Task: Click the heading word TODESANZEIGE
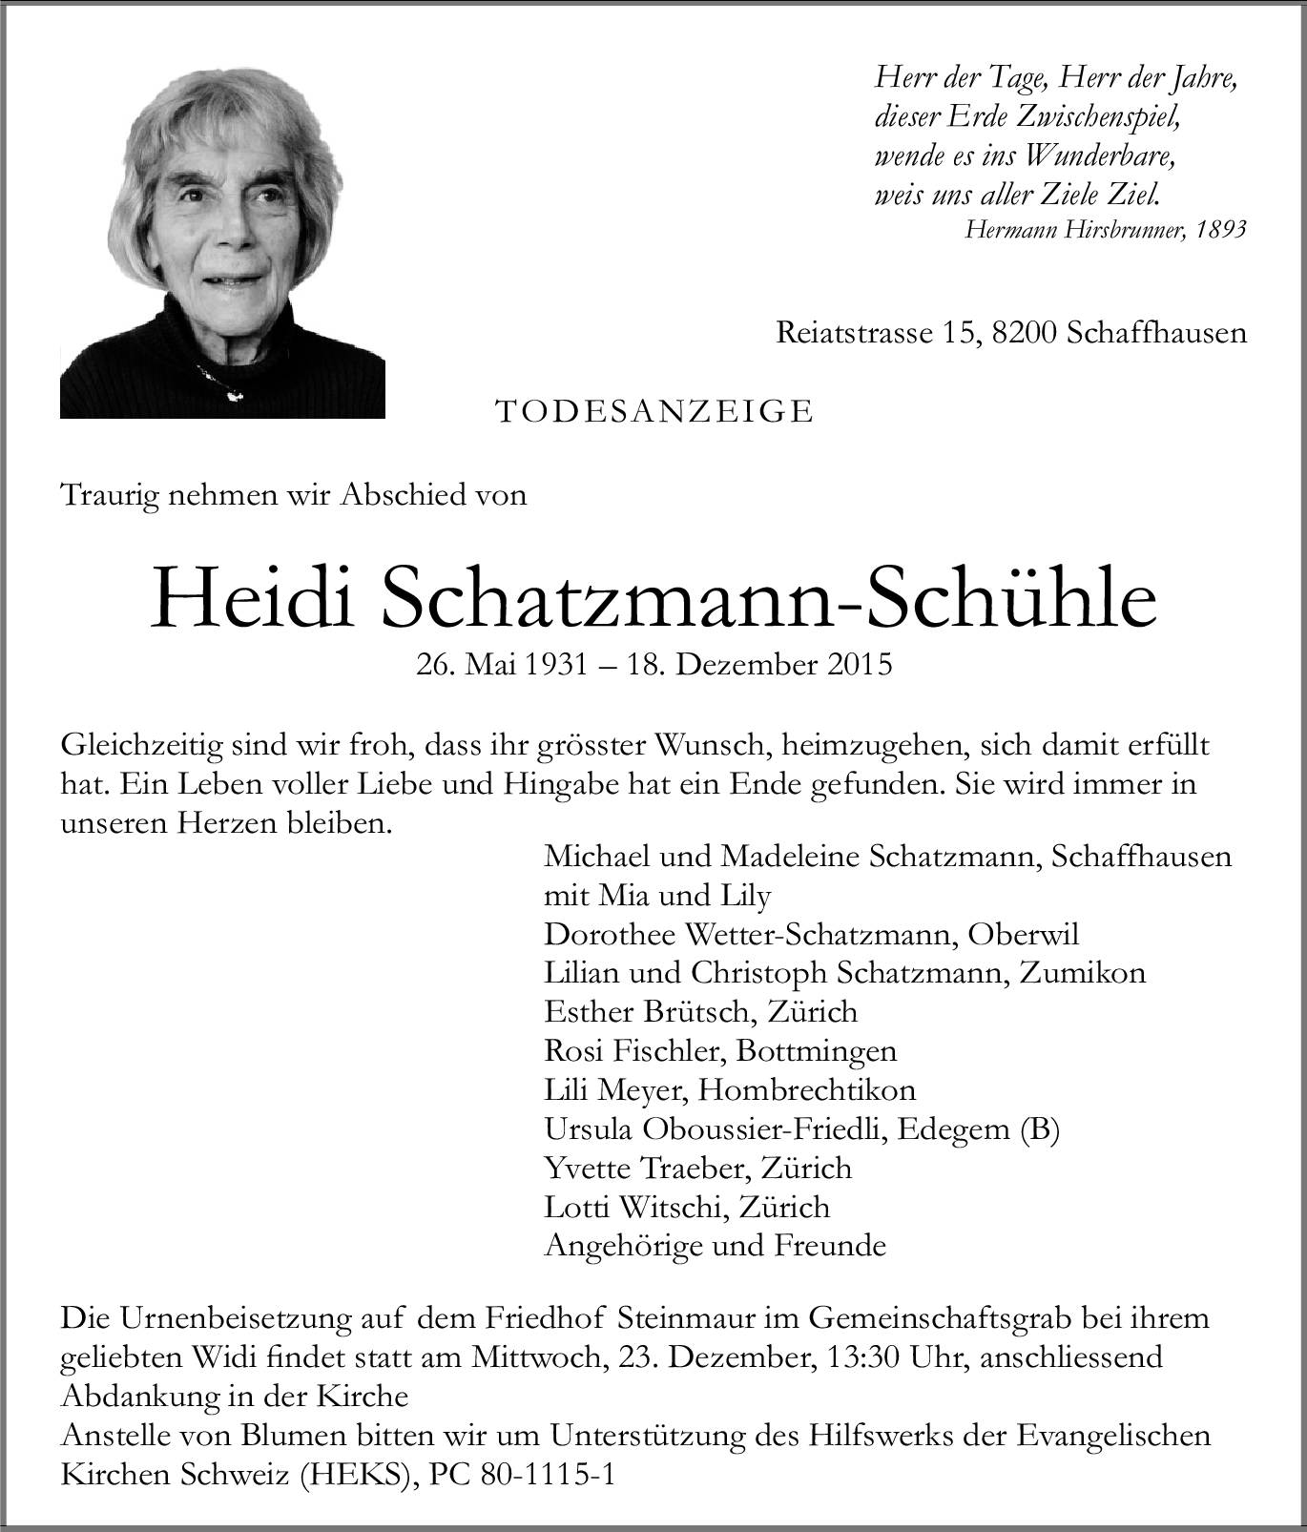654,411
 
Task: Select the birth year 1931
556,664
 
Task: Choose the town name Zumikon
1083,972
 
